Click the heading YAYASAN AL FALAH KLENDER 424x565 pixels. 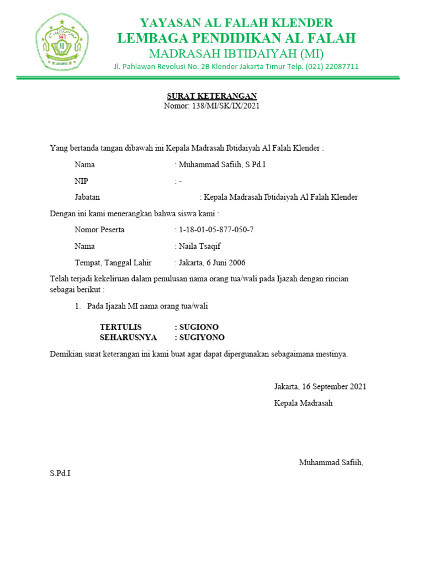[x=236, y=23]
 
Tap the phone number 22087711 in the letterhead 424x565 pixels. [x=341, y=67]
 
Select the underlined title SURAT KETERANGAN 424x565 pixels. [x=211, y=96]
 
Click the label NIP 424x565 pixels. [x=81, y=181]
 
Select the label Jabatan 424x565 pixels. [x=87, y=197]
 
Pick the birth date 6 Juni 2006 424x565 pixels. [x=227, y=263]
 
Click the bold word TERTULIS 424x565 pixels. [x=120, y=327]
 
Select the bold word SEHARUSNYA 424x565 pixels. [x=128, y=338]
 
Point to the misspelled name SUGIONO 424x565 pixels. [x=199, y=327]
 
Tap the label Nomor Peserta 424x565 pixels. [x=99, y=230]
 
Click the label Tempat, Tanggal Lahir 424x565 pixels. [x=113, y=263]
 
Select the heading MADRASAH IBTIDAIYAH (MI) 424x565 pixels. [x=236, y=54]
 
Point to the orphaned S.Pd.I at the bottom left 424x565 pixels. [x=60, y=473]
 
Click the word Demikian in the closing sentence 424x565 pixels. [x=66, y=354]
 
